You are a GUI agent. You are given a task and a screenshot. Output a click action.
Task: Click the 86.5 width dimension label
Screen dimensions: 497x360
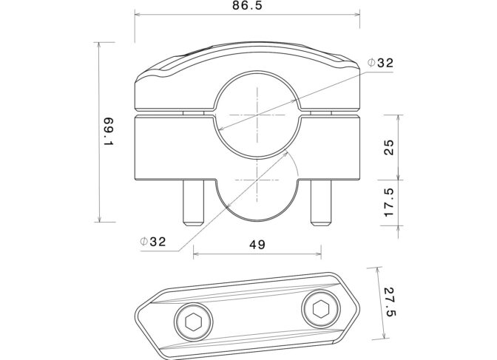point(247,6)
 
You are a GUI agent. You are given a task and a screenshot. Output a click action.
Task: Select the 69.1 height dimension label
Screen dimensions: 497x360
point(108,132)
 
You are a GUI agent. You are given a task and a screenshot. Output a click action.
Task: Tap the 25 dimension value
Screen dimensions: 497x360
point(388,147)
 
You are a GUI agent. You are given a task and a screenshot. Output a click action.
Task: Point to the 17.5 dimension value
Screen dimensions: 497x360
point(388,203)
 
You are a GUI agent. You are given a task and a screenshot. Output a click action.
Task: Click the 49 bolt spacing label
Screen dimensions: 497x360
point(257,245)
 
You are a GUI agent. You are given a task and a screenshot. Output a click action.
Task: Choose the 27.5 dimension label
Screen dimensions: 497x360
point(390,302)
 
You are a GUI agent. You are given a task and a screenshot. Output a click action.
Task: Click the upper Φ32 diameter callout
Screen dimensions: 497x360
point(380,63)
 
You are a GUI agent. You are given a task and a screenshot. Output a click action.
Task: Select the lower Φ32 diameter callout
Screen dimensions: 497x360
point(153,242)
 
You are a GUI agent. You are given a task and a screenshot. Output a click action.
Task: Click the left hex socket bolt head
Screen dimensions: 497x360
point(194,322)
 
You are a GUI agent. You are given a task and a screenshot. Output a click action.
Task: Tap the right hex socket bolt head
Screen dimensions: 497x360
point(321,309)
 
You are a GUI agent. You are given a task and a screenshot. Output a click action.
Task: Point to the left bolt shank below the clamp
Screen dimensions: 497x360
point(193,203)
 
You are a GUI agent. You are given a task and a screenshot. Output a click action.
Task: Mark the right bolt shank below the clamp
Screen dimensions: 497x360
point(321,203)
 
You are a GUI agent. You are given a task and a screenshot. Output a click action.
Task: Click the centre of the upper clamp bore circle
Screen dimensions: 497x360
point(257,114)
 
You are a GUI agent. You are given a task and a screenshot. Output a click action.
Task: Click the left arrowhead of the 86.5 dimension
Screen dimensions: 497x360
point(138,14)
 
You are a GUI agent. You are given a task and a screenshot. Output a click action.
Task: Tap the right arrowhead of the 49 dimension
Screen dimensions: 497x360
point(318,254)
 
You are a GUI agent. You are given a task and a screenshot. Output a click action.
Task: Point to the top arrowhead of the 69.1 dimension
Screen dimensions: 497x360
point(100,45)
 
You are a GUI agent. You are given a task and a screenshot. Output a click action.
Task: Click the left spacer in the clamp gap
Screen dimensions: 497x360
point(193,113)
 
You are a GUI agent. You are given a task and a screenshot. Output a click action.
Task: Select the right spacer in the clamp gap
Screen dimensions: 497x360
point(321,113)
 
